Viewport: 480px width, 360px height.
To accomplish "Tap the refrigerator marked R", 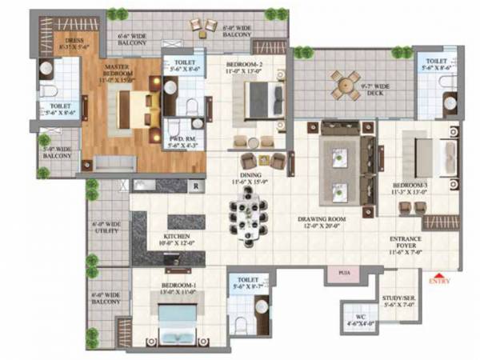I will (194, 186).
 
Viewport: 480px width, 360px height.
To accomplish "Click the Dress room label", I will (74, 42).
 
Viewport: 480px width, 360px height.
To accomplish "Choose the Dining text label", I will (248, 178).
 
